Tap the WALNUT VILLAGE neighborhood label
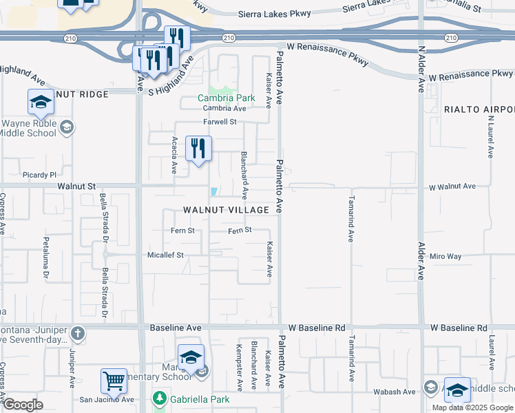(226, 209)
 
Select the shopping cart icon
(114, 380)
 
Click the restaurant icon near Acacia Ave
(198, 147)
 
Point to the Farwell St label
(219, 122)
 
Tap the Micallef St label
(165, 255)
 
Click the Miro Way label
(445, 256)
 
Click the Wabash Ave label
(400, 392)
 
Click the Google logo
(23, 405)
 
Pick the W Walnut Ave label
(452, 187)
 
